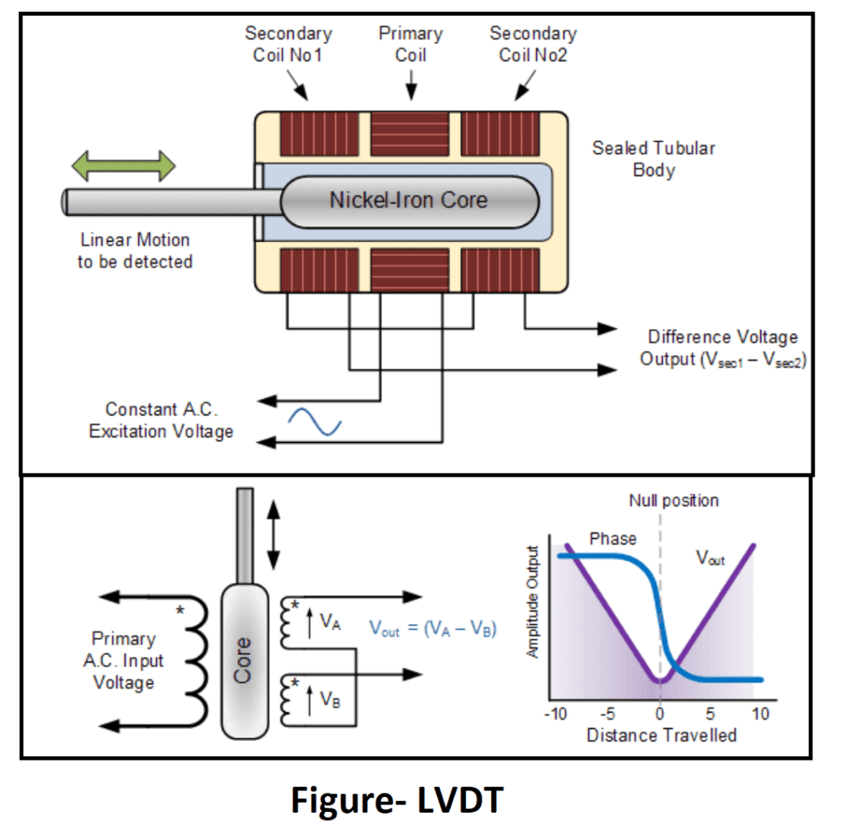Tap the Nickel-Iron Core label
tap(409, 200)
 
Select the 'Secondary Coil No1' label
tap(289, 45)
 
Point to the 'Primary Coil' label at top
tap(410, 45)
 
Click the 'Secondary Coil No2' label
tap(533, 45)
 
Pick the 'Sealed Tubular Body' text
tap(653, 159)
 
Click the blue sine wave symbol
tap(315, 420)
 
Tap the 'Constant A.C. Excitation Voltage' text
tap(161, 420)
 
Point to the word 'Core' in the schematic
tap(242, 660)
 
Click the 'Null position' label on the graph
tap(673, 501)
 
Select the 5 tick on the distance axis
tap(710, 714)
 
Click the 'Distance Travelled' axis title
tap(662, 735)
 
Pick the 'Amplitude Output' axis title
tap(534, 602)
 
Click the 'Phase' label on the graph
tap(613, 539)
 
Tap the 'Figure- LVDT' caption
tap(397, 800)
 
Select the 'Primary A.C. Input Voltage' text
tap(123, 660)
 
